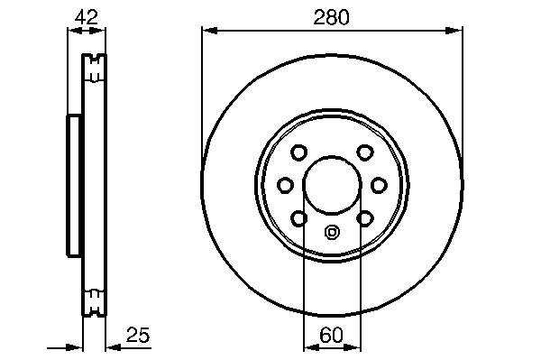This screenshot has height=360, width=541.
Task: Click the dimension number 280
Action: (331, 17)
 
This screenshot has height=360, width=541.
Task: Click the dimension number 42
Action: (87, 17)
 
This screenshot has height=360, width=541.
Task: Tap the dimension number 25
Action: (138, 335)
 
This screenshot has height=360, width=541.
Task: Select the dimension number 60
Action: (331, 335)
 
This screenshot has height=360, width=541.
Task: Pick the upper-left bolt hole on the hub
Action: (298, 152)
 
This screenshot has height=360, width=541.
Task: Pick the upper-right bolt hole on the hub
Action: (364, 152)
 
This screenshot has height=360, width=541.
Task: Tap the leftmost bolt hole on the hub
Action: (286, 185)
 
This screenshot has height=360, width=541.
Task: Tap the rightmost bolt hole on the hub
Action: (379, 185)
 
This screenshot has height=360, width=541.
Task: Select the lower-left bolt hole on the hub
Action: (298, 218)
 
